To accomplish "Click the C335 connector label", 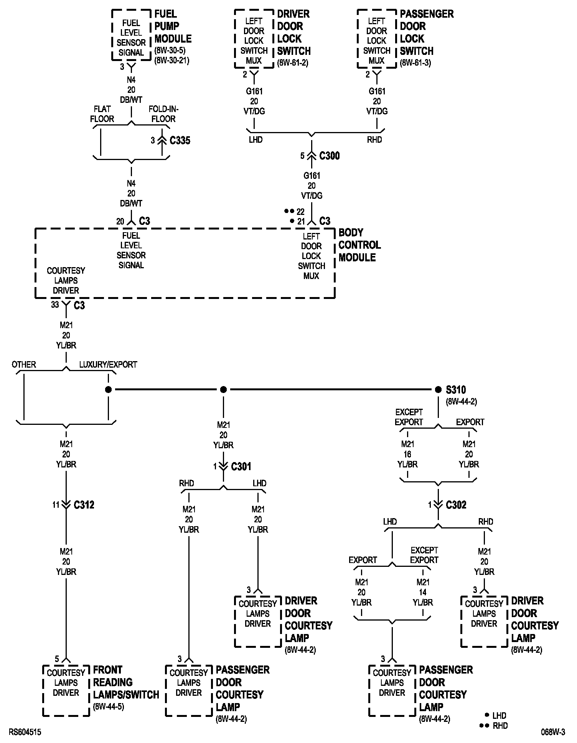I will tap(180, 140).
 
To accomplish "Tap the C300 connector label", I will tap(329, 156).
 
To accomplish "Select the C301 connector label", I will tap(241, 466).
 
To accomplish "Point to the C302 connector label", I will tap(456, 505).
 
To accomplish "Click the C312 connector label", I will tap(84, 505).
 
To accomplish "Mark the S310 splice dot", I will tap(438, 390).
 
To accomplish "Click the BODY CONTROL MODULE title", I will tap(359, 245).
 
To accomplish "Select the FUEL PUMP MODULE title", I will tap(173, 26).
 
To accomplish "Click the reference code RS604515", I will tap(25, 732).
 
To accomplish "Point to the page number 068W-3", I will tap(553, 732).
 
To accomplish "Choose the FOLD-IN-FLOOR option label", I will tap(163, 114).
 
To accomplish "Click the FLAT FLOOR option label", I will tap(102, 114).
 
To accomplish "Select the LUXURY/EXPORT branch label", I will tap(108, 365).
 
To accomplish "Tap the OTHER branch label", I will tap(24, 365).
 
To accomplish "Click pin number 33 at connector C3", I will tap(55, 305).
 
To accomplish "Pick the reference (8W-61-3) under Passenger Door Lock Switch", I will tap(415, 63).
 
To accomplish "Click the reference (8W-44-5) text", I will tap(109, 706).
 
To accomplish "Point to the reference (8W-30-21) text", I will tap(171, 60).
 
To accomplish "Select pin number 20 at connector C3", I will tap(120, 221).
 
